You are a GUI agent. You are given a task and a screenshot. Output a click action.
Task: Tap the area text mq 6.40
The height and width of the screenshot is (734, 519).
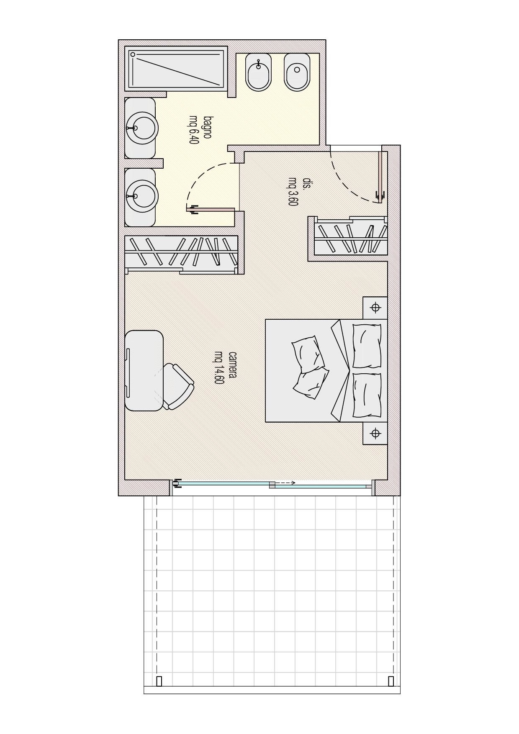pyautogui.click(x=193, y=130)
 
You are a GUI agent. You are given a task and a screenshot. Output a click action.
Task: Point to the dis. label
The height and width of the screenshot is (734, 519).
pyautogui.click(x=307, y=183)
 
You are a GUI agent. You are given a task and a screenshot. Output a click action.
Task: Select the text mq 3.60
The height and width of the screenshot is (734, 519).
pyautogui.click(x=292, y=192)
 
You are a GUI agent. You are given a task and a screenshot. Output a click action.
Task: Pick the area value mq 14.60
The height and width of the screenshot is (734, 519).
pyautogui.click(x=219, y=367)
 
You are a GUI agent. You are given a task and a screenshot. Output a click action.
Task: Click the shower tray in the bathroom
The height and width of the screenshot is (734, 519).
pyautogui.click(x=176, y=69)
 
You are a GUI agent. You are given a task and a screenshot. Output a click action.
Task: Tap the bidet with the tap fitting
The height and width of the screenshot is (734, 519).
pyautogui.click(x=258, y=72)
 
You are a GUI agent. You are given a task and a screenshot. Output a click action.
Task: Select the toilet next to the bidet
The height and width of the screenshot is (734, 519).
pyautogui.click(x=297, y=72)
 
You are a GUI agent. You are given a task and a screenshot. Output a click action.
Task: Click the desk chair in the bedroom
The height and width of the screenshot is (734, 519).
pyautogui.click(x=178, y=386)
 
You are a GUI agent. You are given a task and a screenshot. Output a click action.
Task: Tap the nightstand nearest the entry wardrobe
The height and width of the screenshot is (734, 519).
pyautogui.click(x=375, y=308)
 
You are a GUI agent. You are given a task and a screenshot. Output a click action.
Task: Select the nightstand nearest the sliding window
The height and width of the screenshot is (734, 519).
pyautogui.click(x=375, y=433)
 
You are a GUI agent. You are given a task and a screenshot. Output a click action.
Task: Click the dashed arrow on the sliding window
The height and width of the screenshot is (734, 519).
pyautogui.click(x=285, y=482)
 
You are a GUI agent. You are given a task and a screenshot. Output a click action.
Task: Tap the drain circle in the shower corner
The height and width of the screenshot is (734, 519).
pyautogui.click(x=133, y=54)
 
